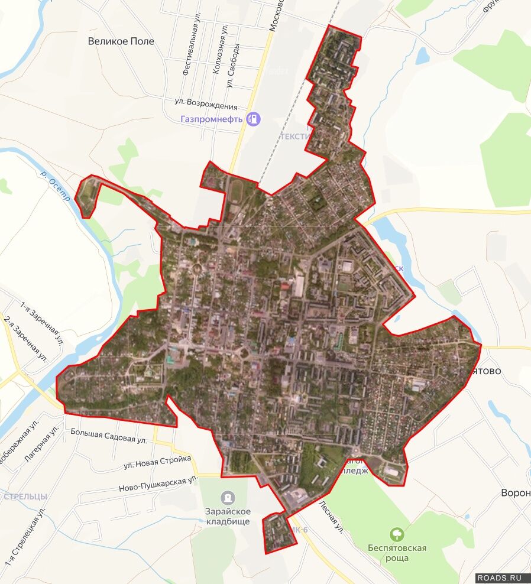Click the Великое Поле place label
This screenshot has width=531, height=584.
tap(121, 41)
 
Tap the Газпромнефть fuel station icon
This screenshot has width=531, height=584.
tap(254, 119)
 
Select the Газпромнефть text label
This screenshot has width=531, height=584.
tap(212, 119)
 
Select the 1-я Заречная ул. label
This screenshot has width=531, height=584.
tap(41, 322)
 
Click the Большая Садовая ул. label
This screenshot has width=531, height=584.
tap(108, 436)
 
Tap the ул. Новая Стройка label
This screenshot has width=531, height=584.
tap(157, 462)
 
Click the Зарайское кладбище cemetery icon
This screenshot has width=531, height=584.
tap(228, 498)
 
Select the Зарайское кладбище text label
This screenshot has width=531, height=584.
tap(228, 516)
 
